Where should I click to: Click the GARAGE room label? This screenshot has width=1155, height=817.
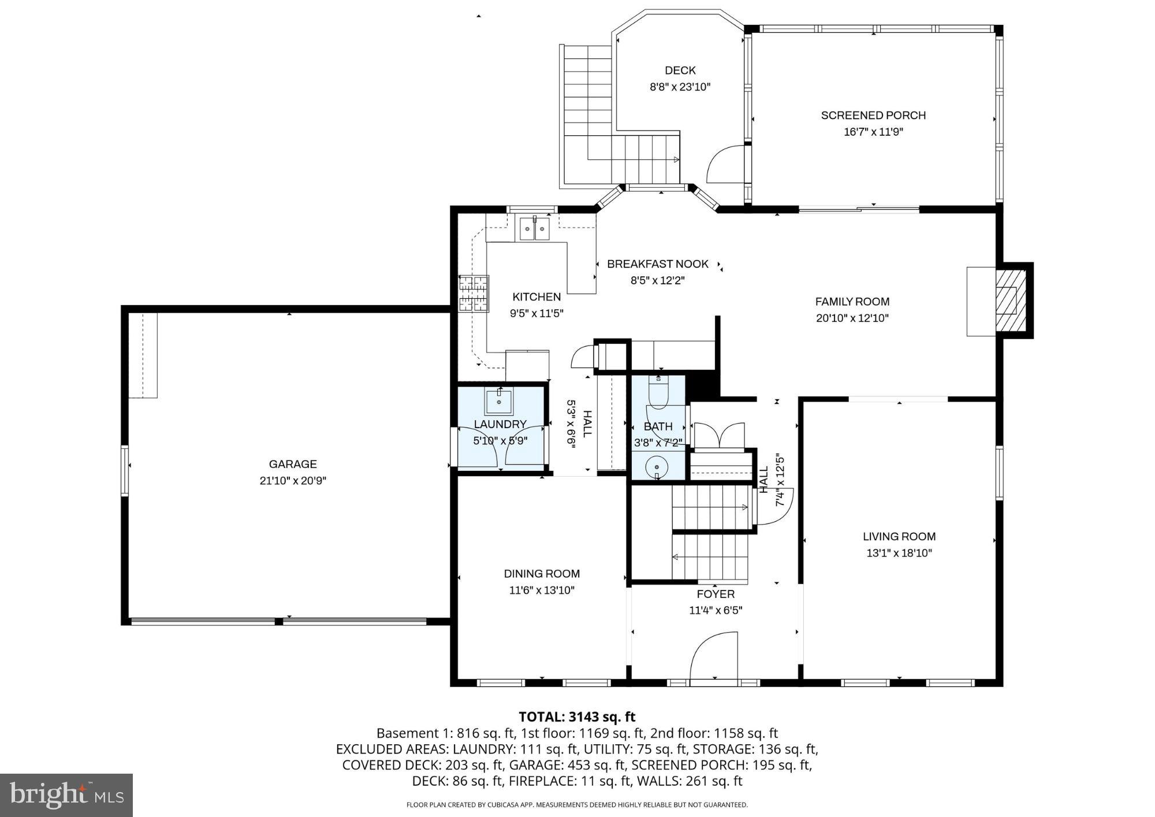click(293, 464)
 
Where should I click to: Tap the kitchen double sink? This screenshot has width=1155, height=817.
click(534, 228)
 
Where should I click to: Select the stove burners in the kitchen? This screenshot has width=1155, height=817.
click(474, 294)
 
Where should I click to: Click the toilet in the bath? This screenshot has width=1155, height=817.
click(658, 393)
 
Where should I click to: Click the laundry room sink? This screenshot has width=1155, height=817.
click(499, 402)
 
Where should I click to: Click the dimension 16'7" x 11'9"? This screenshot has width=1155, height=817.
click(873, 132)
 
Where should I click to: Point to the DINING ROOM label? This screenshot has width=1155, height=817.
click(542, 574)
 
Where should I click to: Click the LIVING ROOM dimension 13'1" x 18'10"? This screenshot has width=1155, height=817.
click(899, 553)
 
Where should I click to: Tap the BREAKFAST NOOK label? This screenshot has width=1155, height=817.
click(657, 264)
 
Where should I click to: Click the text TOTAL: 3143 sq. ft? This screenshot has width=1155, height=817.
click(577, 717)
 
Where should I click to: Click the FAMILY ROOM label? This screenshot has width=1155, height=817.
click(852, 302)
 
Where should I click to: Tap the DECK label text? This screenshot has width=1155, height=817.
click(680, 70)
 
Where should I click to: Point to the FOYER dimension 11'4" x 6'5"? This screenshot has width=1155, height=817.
click(716, 610)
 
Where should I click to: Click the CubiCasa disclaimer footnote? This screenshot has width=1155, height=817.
click(577, 805)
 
